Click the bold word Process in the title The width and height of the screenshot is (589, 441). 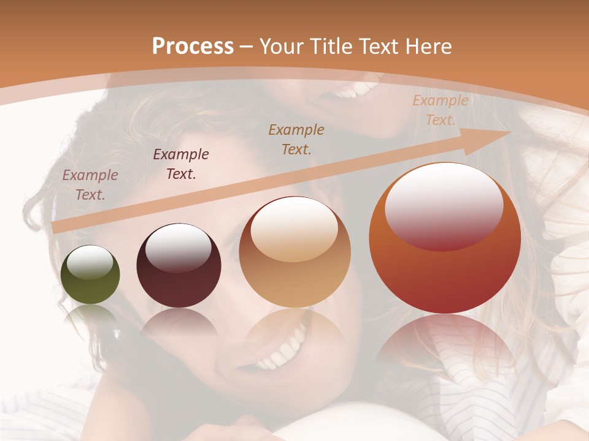(193, 47)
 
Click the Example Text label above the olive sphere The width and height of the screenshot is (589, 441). (90, 184)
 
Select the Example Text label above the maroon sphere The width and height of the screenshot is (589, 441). (180, 164)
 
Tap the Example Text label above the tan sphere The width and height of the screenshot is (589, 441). (296, 139)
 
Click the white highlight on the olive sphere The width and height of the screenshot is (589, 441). (90, 262)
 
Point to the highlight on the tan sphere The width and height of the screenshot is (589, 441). (294, 230)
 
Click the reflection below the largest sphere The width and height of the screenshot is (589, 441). (445, 343)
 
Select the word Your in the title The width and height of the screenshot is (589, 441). (282, 47)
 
